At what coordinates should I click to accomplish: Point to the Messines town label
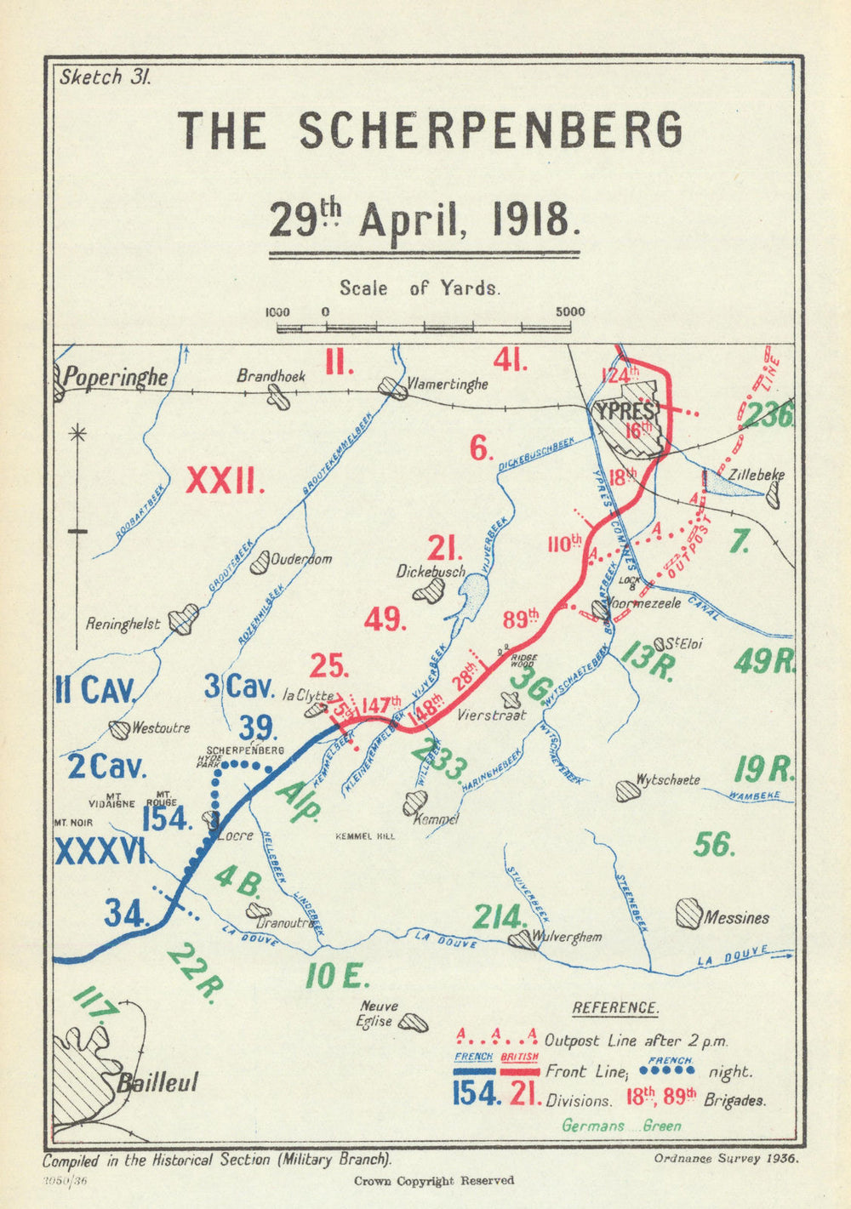(736, 918)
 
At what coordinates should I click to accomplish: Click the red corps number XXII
(226, 483)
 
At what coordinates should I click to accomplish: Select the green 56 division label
(713, 844)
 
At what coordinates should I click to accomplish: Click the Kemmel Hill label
(367, 836)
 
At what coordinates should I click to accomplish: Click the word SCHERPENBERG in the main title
(491, 131)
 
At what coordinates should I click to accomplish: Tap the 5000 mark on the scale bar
(570, 311)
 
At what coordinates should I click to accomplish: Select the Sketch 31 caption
(105, 77)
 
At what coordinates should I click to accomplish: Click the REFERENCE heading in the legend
(614, 1008)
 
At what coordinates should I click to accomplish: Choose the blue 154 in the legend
(477, 1093)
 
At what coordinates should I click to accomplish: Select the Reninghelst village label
(123, 624)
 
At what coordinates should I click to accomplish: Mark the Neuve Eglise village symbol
(414, 1022)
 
